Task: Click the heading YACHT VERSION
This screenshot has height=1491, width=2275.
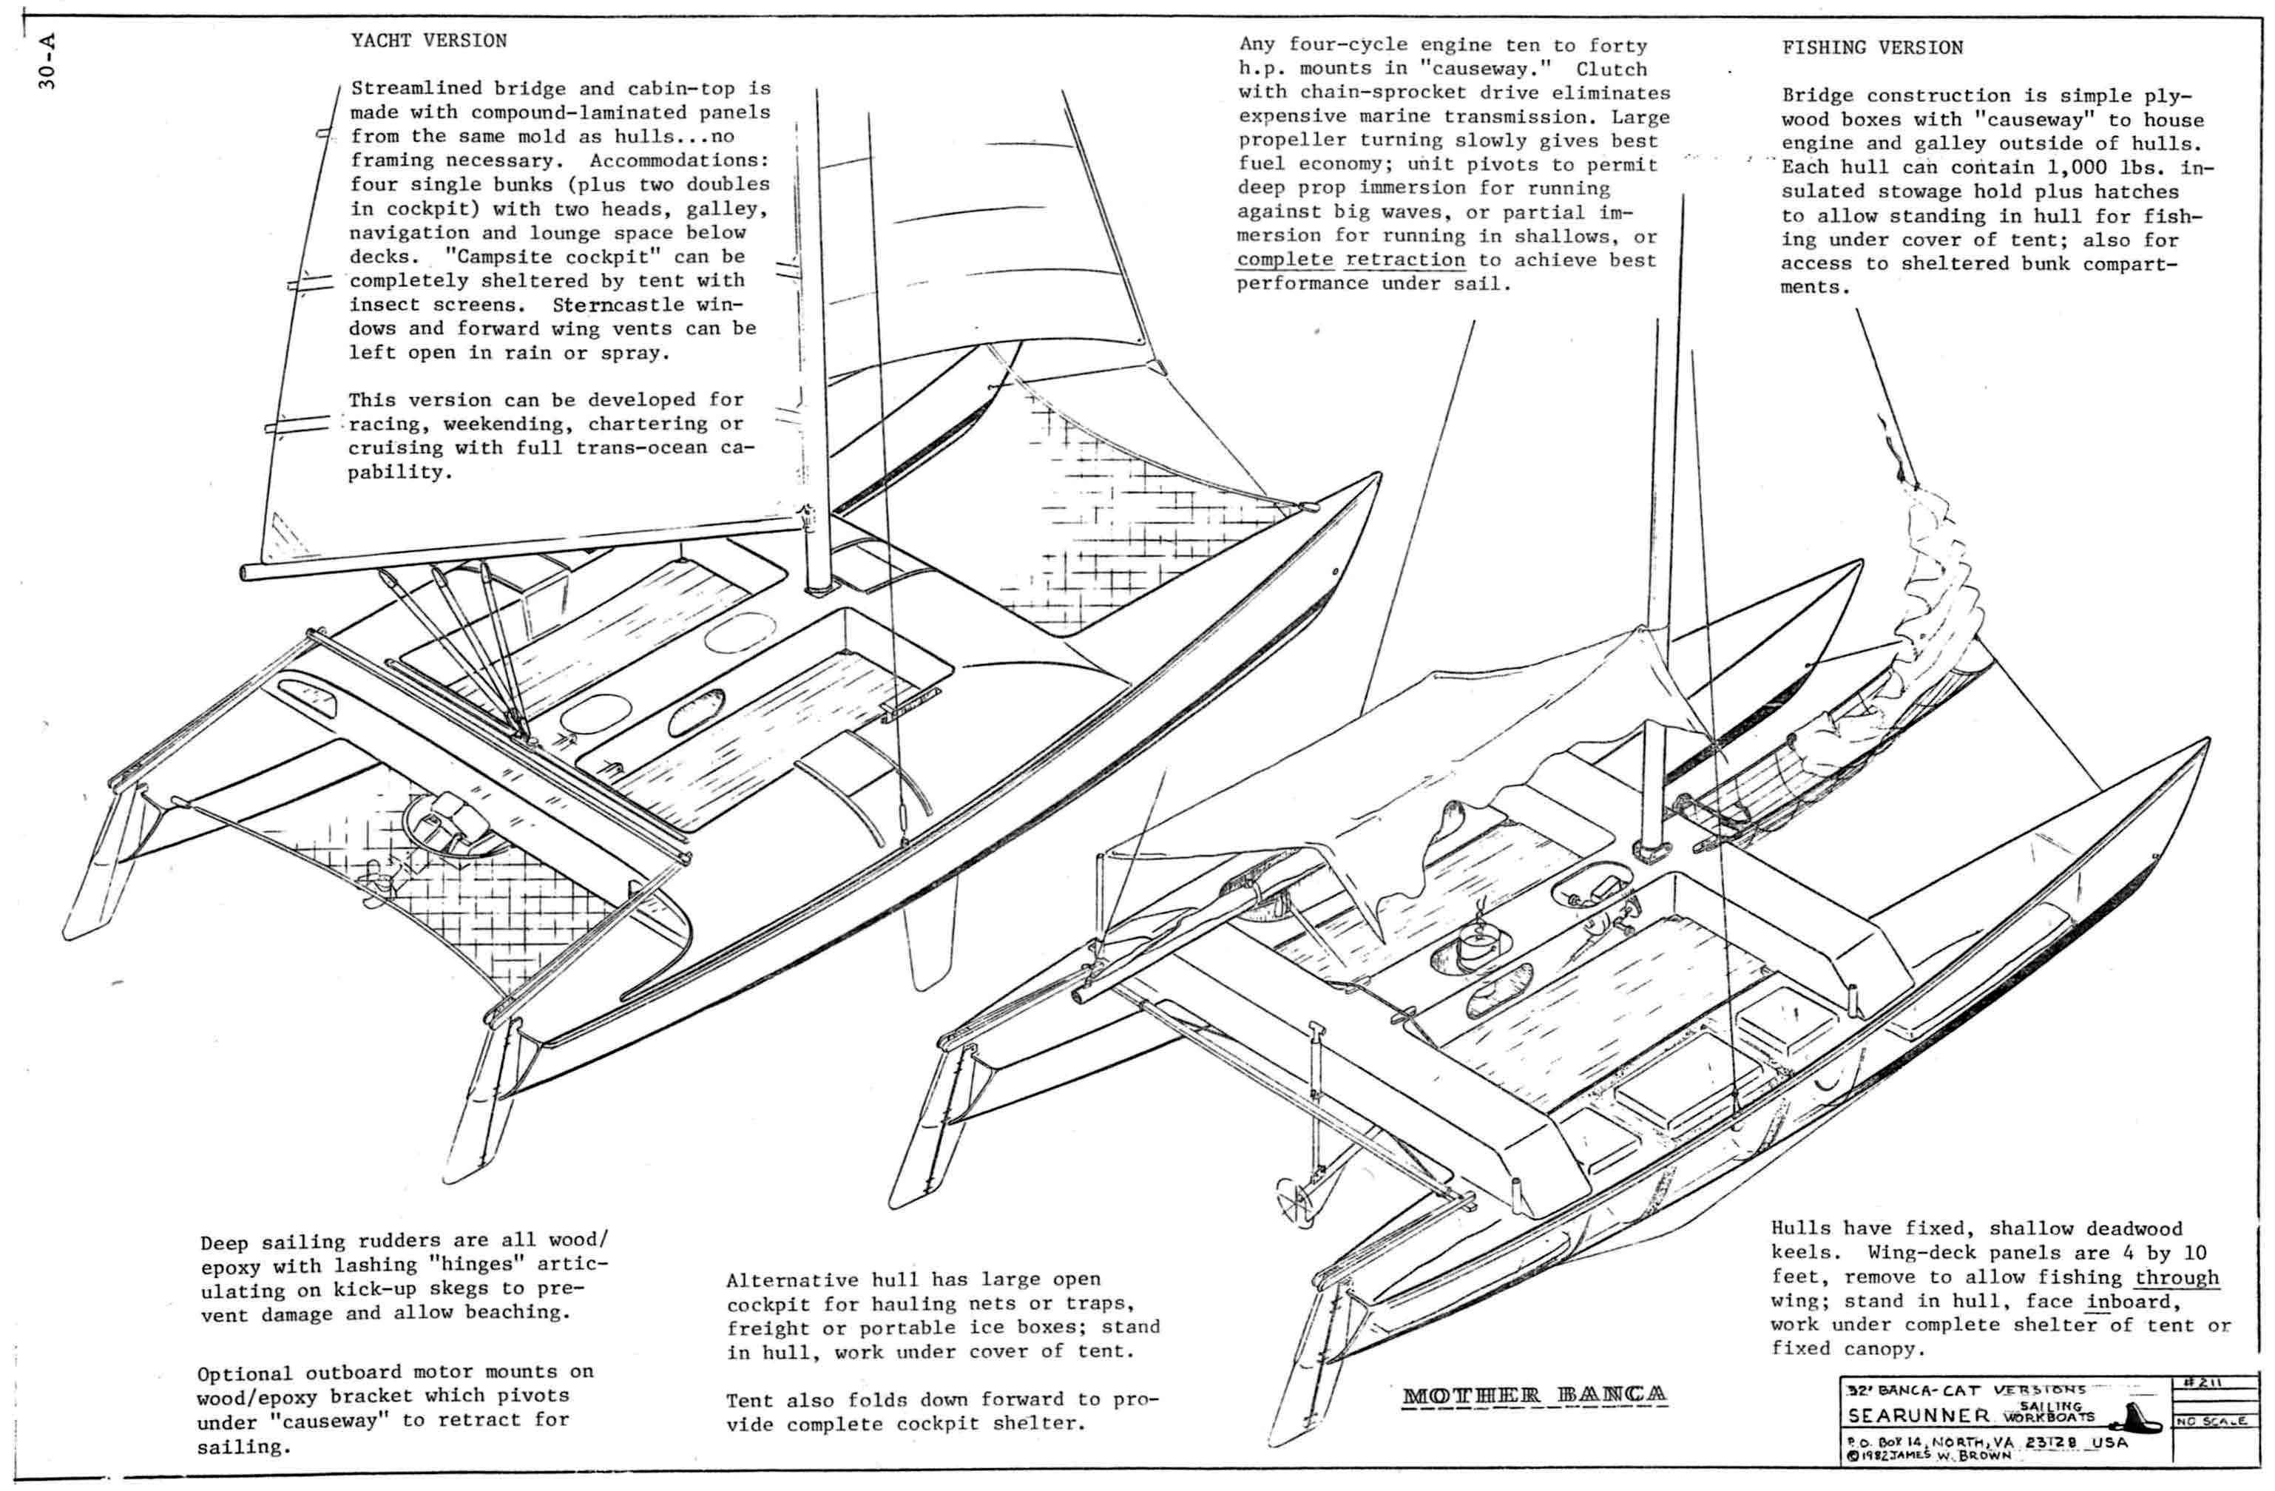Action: tap(428, 41)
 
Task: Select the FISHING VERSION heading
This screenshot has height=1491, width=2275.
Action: tap(1872, 48)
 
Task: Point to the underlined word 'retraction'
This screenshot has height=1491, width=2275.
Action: tap(1405, 260)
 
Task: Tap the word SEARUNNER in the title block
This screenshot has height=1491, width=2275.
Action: tap(1919, 1416)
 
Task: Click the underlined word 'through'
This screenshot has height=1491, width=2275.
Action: tap(2177, 1278)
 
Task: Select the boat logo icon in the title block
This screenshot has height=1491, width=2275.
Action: tap(2134, 1416)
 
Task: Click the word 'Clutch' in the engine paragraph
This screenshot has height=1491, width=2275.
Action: tap(1612, 69)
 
